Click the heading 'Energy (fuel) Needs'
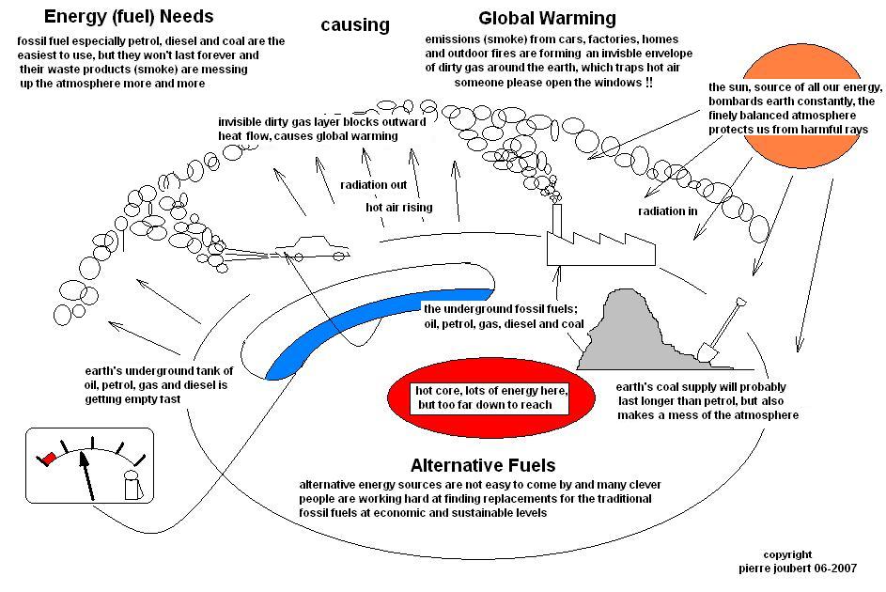point(129,16)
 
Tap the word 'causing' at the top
point(355,24)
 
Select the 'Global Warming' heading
point(547,18)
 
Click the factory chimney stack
point(556,220)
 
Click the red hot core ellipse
point(490,397)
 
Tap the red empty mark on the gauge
point(48,459)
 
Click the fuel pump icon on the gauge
point(133,485)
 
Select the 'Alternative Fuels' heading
point(483,465)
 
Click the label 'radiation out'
point(374,185)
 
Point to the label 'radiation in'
point(668,211)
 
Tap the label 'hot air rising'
point(399,208)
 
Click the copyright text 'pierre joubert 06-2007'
point(798,569)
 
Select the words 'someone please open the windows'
point(548,83)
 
